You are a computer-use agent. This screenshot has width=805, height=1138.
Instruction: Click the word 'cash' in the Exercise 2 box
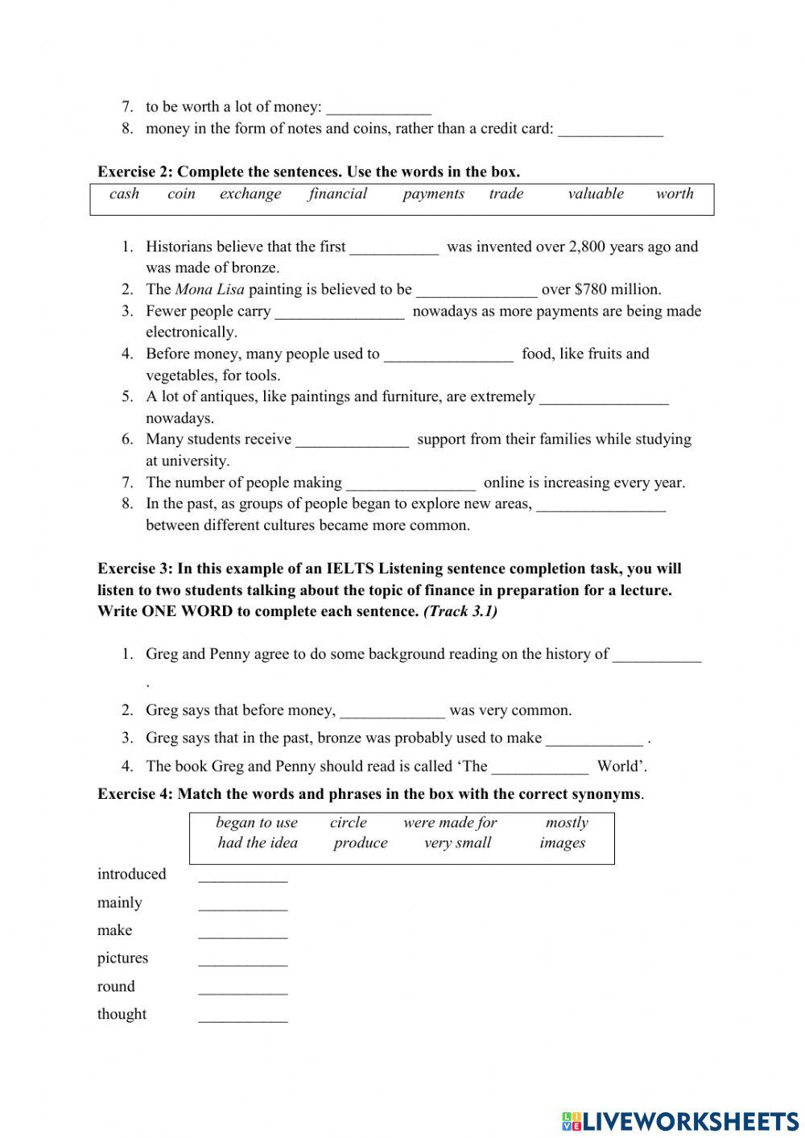(x=124, y=193)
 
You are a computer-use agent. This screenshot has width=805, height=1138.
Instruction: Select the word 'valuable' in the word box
(x=595, y=193)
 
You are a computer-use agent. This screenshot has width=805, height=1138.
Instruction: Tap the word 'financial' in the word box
(x=337, y=193)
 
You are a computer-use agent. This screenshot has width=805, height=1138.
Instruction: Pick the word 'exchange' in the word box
(x=250, y=193)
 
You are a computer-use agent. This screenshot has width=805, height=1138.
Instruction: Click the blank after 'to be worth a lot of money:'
(x=378, y=109)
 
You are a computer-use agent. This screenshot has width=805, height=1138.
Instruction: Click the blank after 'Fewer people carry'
(x=340, y=313)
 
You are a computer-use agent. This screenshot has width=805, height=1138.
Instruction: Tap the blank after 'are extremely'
(x=604, y=399)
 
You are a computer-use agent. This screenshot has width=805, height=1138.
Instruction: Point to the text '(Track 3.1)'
(x=460, y=611)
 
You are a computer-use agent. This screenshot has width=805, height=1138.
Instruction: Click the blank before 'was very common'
(x=392, y=712)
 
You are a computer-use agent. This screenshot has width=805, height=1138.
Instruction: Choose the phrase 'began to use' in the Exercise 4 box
(x=257, y=822)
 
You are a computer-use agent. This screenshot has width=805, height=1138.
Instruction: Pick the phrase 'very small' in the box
(x=457, y=843)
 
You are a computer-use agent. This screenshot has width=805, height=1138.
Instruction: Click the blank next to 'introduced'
(x=242, y=876)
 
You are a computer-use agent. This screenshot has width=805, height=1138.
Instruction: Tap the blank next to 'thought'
(x=242, y=1016)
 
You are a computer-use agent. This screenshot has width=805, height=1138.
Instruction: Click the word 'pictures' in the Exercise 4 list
(x=122, y=958)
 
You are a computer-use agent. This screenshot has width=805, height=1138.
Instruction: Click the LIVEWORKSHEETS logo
(x=680, y=1120)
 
